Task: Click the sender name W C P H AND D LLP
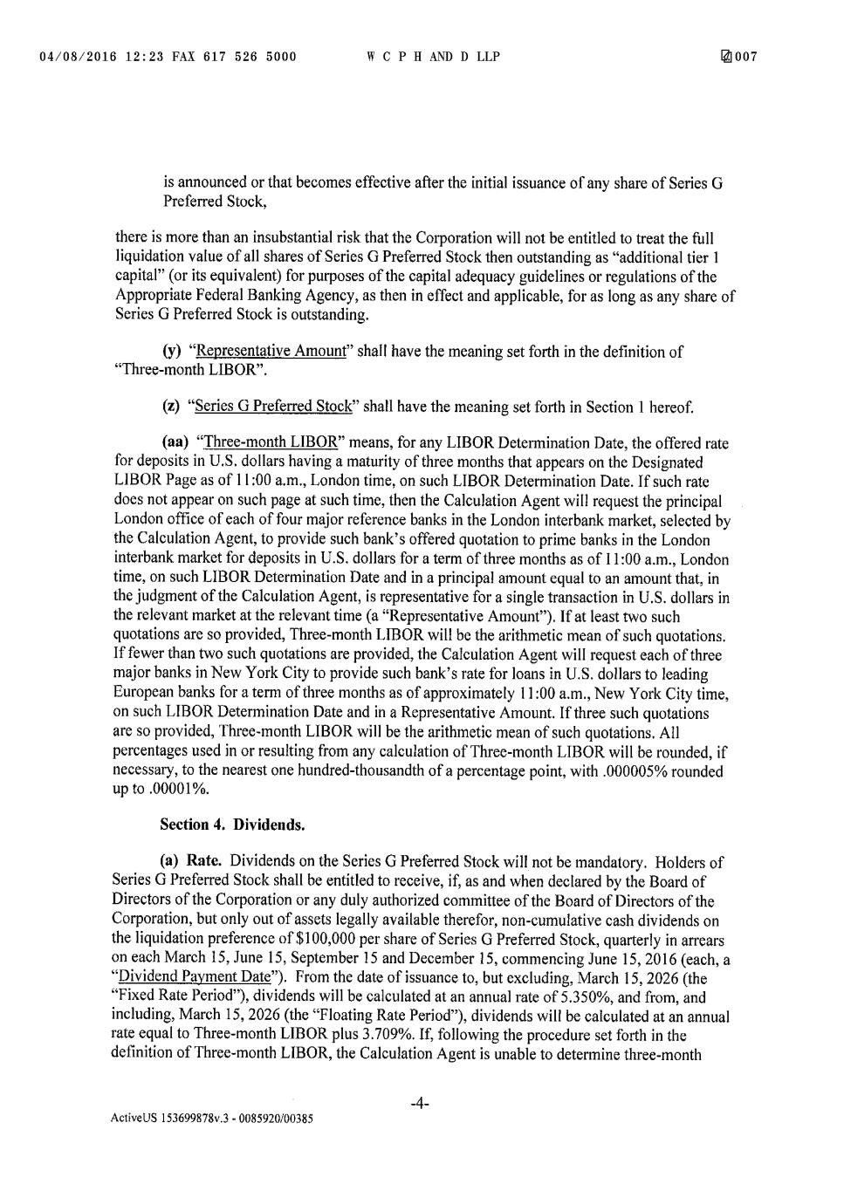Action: coord(433,58)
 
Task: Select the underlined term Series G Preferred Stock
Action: coord(273,407)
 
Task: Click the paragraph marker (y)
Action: coord(172,352)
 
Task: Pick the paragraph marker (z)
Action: coord(172,407)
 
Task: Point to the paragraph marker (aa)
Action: coord(175,443)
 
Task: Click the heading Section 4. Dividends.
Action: coord(232,825)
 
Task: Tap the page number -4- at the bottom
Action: coord(419,1104)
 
